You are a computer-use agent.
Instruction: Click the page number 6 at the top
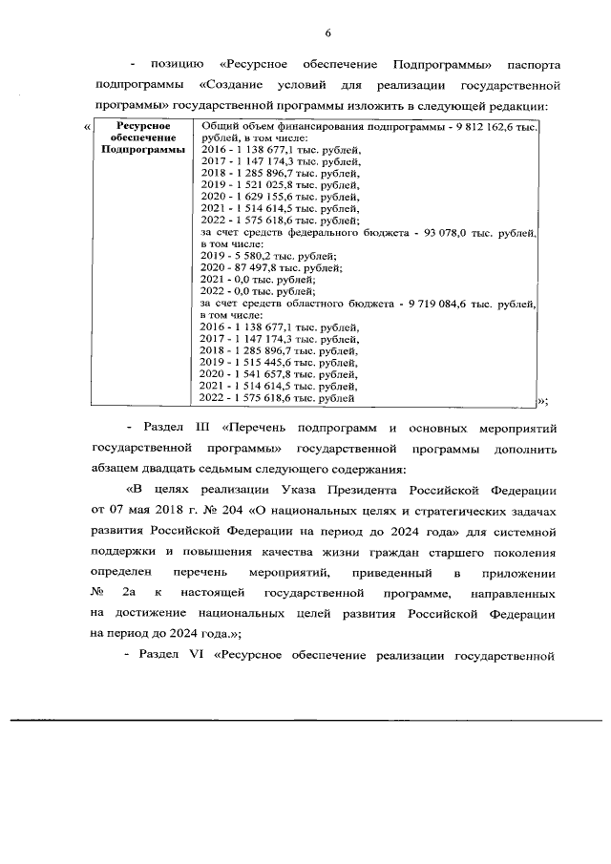tap(327, 34)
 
